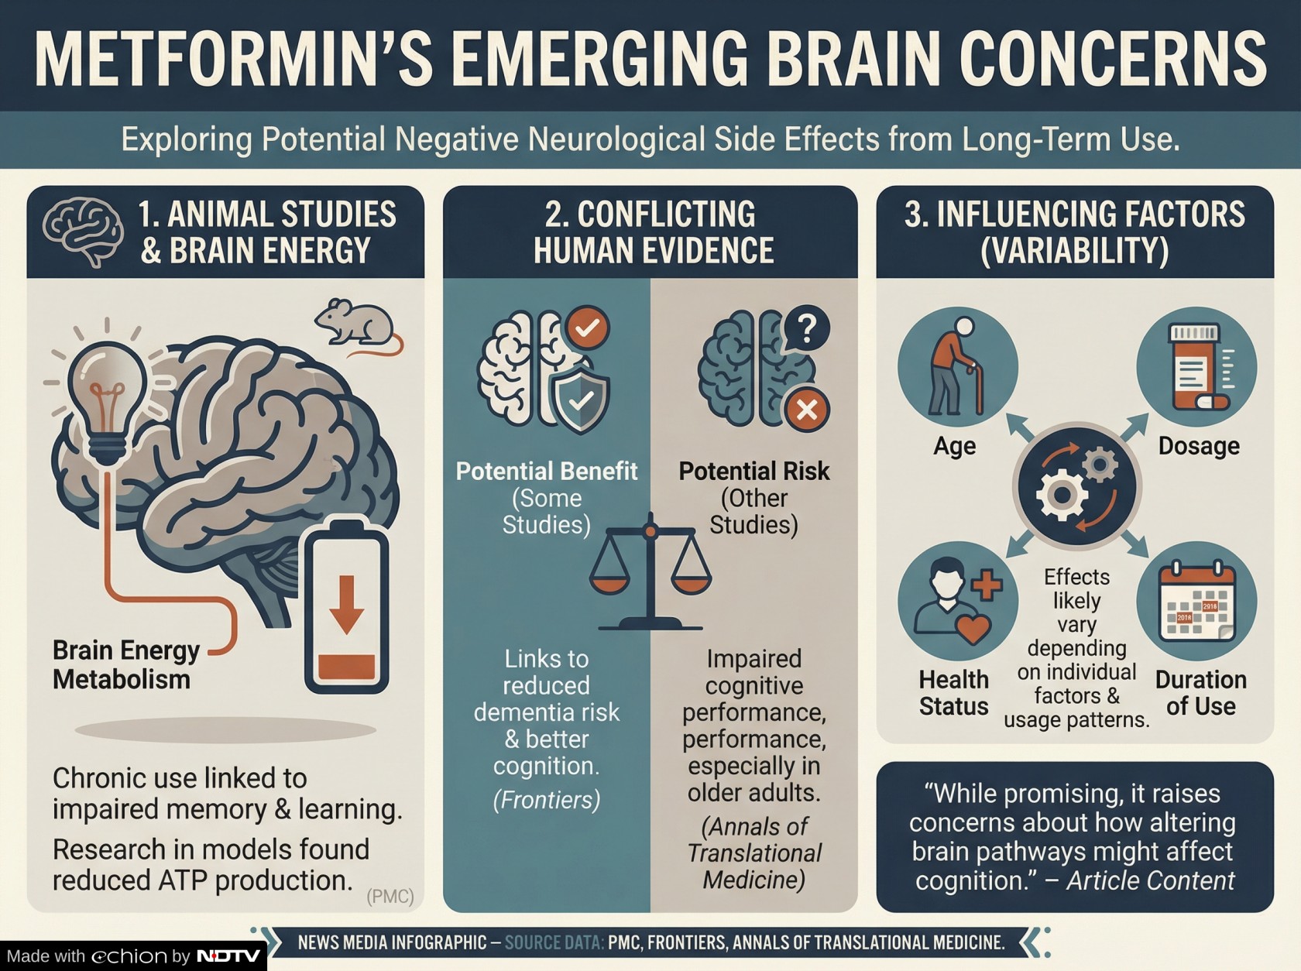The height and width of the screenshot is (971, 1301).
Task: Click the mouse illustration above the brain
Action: (x=356, y=324)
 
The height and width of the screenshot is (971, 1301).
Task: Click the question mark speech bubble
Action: (x=806, y=329)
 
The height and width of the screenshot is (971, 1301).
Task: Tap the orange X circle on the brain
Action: (x=807, y=410)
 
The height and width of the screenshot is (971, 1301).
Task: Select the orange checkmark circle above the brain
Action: (x=586, y=328)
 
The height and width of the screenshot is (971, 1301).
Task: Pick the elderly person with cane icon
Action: (x=957, y=367)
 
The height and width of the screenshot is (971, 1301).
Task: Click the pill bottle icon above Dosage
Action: (x=1196, y=367)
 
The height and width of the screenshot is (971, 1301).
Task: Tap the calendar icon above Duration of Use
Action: (x=1196, y=601)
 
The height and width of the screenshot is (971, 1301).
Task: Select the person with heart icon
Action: (x=957, y=601)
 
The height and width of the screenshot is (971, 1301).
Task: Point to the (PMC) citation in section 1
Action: (x=390, y=897)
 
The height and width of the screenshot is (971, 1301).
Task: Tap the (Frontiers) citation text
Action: (x=547, y=800)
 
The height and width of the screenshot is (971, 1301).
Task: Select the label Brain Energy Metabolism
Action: (x=125, y=665)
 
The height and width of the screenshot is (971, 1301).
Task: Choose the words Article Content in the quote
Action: (x=1150, y=881)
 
